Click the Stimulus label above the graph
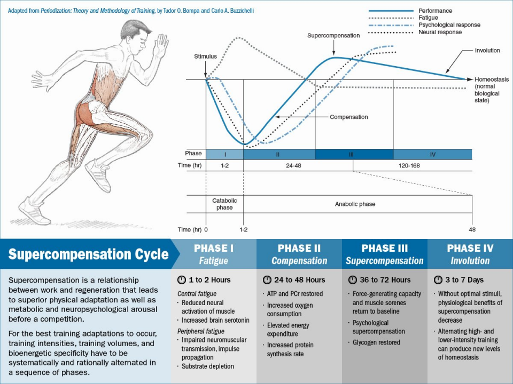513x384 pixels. pos(206,55)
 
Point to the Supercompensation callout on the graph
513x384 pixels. pos(333,36)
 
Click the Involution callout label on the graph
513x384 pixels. pos(487,51)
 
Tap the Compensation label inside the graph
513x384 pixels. pos(348,117)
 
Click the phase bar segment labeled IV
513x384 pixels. pos(432,154)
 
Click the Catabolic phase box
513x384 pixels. pos(224,204)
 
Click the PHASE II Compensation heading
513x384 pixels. pos(299,254)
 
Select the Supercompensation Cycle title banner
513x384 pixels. pos(88,254)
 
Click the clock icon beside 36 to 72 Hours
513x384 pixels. pos(352,280)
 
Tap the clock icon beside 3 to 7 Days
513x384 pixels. pos(438,280)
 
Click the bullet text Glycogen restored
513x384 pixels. pos(376,342)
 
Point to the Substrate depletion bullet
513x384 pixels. pos(207,366)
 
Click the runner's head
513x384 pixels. pos(131,32)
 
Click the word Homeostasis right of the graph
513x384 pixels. pos(491,79)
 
